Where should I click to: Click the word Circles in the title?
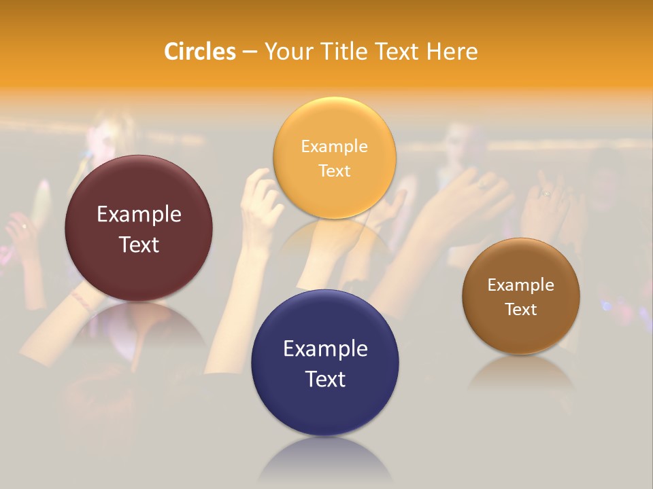tap(200, 52)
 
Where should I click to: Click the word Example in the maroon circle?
tap(139, 215)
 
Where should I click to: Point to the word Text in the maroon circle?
tap(139, 244)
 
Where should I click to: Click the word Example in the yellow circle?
tap(334, 146)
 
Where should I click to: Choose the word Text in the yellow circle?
tap(334, 170)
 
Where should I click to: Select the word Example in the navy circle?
tap(325, 348)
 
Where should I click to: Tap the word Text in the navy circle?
tap(325, 379)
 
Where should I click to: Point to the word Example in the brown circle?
tap(521, 285)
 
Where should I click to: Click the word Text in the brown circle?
tap(521, 309)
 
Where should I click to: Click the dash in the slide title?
tap(250, 52)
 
